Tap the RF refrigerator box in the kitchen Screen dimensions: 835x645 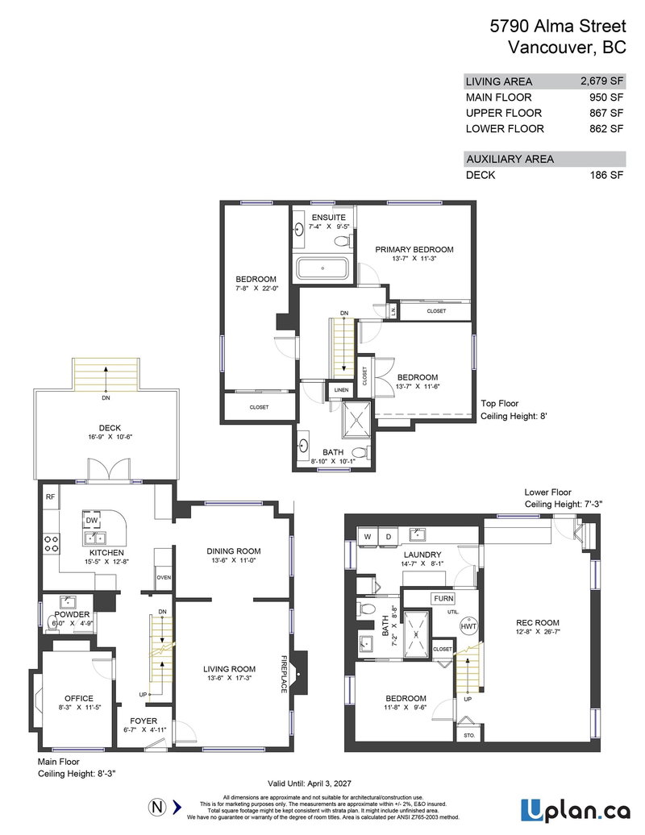(x=49, y=497)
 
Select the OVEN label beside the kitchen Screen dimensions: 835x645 (x=164, y=577)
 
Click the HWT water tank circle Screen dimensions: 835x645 (x=468, y=626)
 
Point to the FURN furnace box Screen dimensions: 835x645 (x=443, y=599)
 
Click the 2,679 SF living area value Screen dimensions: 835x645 (x=601, y=81)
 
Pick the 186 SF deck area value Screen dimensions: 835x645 (x=606, y=174)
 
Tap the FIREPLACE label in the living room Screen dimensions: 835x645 (x=284, y=663)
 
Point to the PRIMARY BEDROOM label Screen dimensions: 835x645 (x=414, y=249)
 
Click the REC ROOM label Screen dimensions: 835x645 (x=538, y=622)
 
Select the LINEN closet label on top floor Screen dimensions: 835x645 (x=341, y=390)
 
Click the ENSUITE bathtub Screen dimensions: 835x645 (x=322, y=268)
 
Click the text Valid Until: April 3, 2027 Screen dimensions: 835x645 (x=315, y=783)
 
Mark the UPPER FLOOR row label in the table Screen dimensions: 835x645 (x=504, y=113)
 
